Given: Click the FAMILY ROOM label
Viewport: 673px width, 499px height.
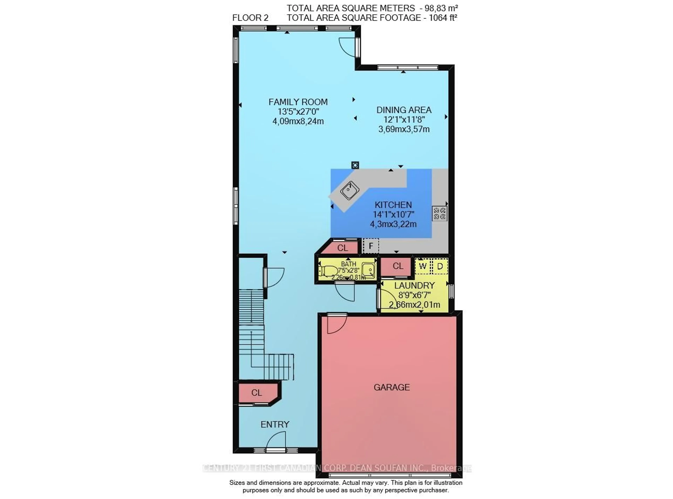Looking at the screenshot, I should tap(298, 102).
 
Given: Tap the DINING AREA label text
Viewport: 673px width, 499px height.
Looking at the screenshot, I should tap(403, 110).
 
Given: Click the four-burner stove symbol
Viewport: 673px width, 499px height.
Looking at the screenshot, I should tap(439, 213).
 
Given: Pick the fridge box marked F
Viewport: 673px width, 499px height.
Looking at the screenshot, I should tap(371, 246).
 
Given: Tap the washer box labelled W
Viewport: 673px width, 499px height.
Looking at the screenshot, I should tap(423, 266).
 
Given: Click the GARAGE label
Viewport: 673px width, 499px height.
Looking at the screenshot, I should tap(391, 387).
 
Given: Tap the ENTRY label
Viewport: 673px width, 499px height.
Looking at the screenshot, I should tap(275, 424).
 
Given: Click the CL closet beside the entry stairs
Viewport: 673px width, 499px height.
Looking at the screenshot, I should tap(257, 393).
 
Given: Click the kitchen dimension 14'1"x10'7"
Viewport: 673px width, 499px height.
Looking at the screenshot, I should tap(393, 215).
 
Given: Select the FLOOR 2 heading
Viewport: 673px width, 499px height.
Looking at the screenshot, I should tap(250, 18).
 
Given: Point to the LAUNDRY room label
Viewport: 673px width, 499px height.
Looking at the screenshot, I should tap(414, 285).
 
